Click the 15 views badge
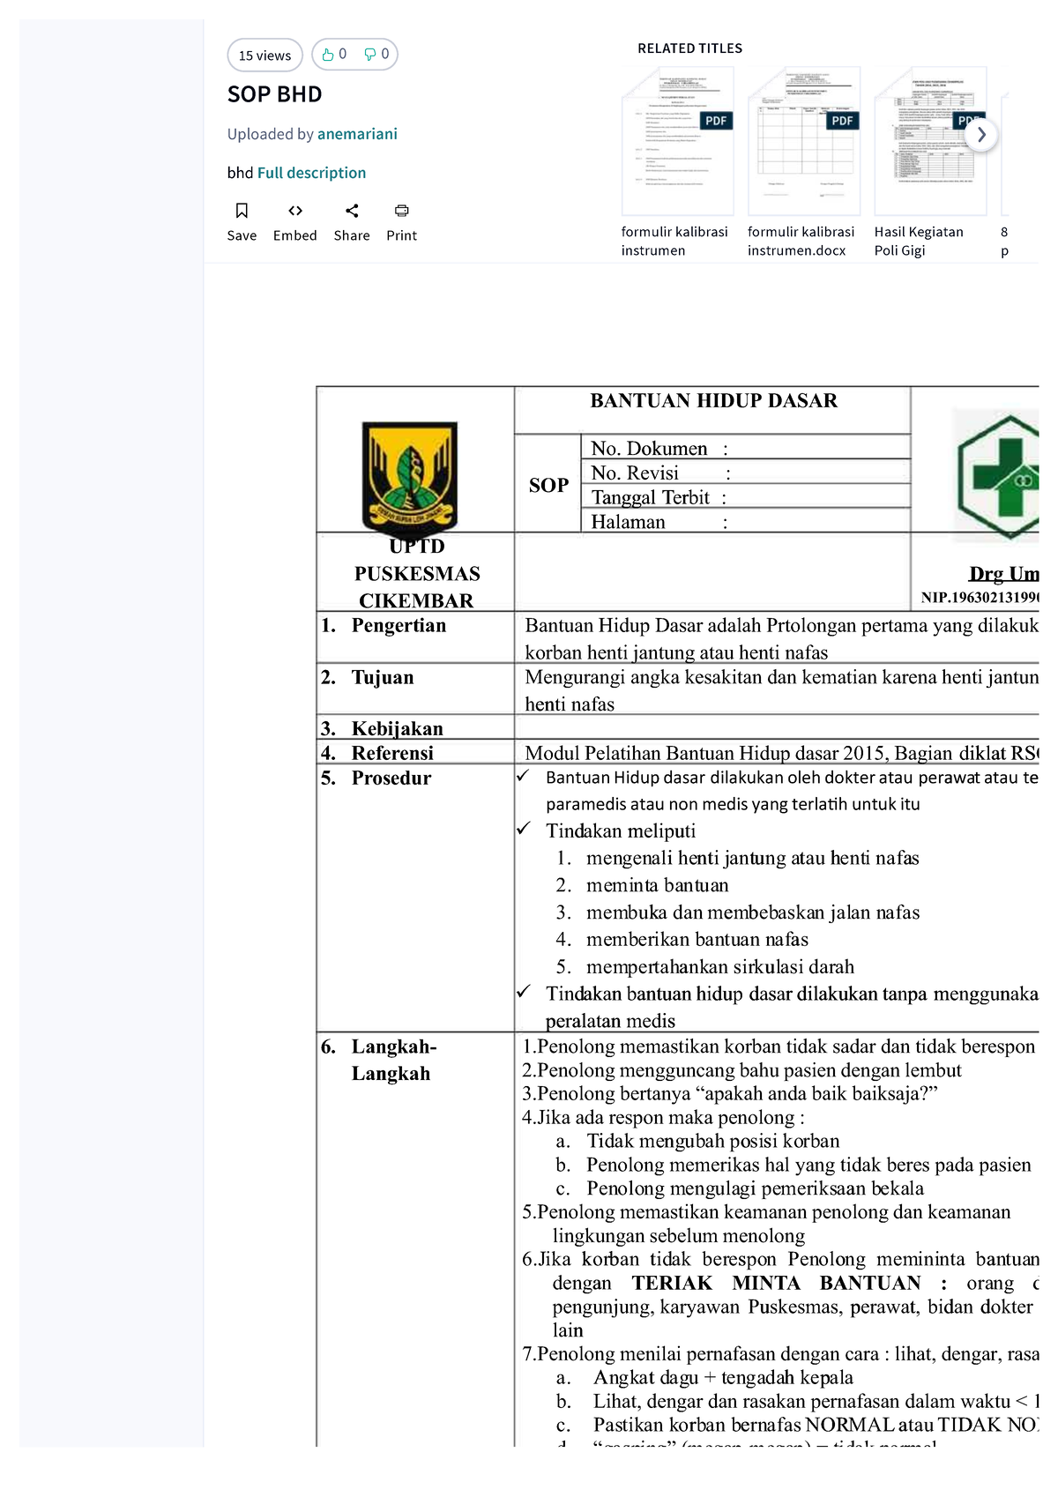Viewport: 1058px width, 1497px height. coord(264,56)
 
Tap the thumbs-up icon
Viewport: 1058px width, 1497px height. coord(328,55)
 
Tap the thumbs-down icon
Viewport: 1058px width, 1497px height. coord(370,55)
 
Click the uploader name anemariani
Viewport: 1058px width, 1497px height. coord(357,134)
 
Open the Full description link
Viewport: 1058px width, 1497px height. coord(311,173)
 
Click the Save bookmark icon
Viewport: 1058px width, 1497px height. coord(242,211)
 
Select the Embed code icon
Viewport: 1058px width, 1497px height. coord(295,211)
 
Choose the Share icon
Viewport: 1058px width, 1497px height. coord(352,211)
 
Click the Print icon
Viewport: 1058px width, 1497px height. coord(402,211)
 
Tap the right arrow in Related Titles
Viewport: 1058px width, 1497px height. coord(981,135)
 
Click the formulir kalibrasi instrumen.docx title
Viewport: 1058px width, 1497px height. coord(801,241)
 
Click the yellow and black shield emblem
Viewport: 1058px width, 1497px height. coord(410,477)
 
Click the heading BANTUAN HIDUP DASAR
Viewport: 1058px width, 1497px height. coord(713,401)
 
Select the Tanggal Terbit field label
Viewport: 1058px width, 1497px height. coord(651,497)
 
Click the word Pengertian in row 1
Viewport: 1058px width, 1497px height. coord(399,626)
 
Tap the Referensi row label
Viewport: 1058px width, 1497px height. coord(392,753)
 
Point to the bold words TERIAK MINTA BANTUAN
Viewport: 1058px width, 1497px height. coord(777,1283)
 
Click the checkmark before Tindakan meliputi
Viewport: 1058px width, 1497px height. coord(524,829)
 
